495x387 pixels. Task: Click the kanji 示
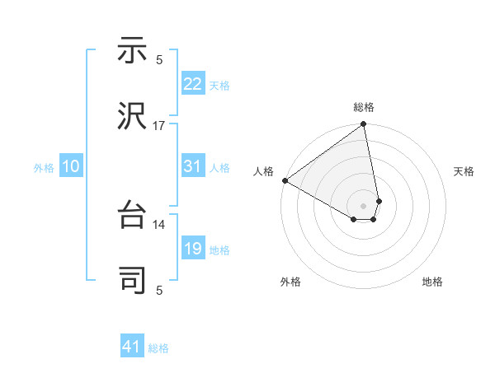coord(132,52)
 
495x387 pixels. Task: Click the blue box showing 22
coord(192,84)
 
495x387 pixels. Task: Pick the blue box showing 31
coord(192,167)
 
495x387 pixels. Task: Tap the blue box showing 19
coord(192,249)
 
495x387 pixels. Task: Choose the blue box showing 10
coord(71,167)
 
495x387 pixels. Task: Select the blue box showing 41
coord(132,347)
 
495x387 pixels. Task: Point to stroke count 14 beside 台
coord(159,224)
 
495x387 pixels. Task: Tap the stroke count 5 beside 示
coord(159,59)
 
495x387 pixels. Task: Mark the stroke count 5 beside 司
coord(159,289)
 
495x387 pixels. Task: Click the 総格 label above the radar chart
coord(364,107)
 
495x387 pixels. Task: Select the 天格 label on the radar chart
coord(464,171)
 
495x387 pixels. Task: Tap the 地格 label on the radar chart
coord(432,282)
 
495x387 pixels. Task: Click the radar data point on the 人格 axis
coord(285,180)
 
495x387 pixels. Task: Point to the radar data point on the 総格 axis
coord(364,126)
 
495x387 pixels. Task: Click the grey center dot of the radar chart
coord(364,205)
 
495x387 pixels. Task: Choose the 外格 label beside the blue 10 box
coord(44,168)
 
